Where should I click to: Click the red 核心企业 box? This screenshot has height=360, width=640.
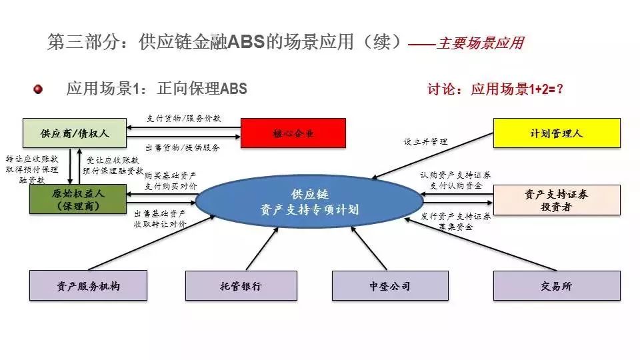pyautogui.click(x=293, y=133)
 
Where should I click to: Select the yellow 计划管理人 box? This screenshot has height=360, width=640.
pyautogui.click(x=557, y=133)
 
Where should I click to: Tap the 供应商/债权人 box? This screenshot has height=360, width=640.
pyautogui.click(x=75, y=133)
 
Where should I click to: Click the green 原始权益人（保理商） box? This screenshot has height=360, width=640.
pyautogui.click(x=78, y=199)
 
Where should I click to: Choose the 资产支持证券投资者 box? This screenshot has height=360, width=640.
pyautogui.click(x=557, y=199)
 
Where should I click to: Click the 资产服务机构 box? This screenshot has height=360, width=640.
pyautogui.click(x=88, y=285)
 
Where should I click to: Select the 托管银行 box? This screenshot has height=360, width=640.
pyautogui.click(x=241, y=285)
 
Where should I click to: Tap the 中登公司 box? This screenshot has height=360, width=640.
pyautogui.click(x=390, y=285)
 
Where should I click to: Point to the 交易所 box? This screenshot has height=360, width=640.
pyautogui.click(x=557, y=285)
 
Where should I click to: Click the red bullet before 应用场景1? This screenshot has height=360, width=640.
pyautogui.click(x=38, y=89)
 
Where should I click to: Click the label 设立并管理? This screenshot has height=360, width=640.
pyautogui.click(x=425, y=142)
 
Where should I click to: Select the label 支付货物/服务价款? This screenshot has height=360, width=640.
pyautogui.click(x=183, y=119)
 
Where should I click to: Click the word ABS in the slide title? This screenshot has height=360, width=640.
pyautogui.click(x=247, y=43)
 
